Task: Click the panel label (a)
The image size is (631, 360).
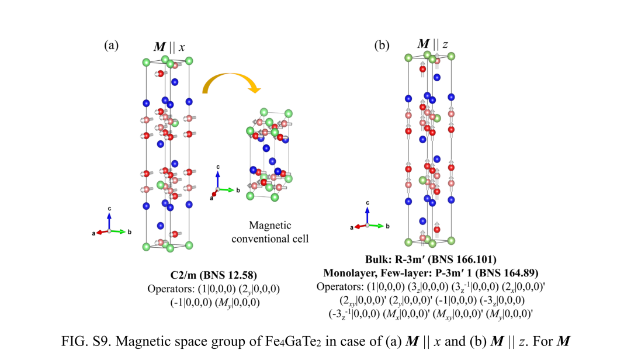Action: click(112, 45)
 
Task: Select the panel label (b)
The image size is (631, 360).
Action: click(382, 45)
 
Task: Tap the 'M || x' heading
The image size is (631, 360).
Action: click(169, 47)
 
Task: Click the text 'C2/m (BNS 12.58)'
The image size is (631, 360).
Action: click(214, 275)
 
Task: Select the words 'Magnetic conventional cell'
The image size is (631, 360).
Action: click(270, 232)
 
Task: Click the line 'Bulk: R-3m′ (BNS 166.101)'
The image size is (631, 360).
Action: click(431, 259)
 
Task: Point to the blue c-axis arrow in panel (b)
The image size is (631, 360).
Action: click(367, 216)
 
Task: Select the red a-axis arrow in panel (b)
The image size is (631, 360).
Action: click(360, 226)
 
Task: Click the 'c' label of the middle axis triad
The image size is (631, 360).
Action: click(218, 167)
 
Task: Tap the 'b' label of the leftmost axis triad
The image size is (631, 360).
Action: click(130, 232)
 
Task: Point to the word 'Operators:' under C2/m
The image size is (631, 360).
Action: click(171, 289)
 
